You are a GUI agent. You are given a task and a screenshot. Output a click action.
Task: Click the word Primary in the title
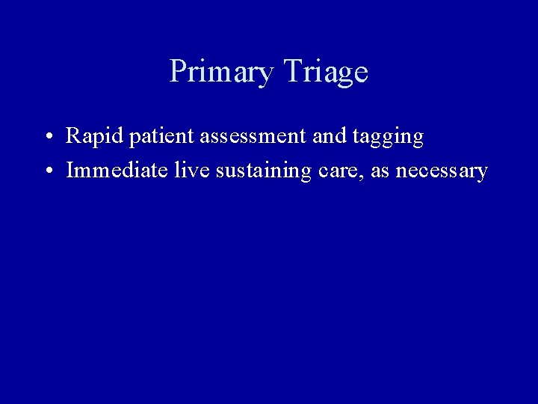pyautogui.click(x=221, y=72)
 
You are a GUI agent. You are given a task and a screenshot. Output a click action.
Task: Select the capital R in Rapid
pyautogui.click(x=74, y=137)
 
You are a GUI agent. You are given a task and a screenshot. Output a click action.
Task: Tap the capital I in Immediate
pyautogui.click(x=70, y=171)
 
